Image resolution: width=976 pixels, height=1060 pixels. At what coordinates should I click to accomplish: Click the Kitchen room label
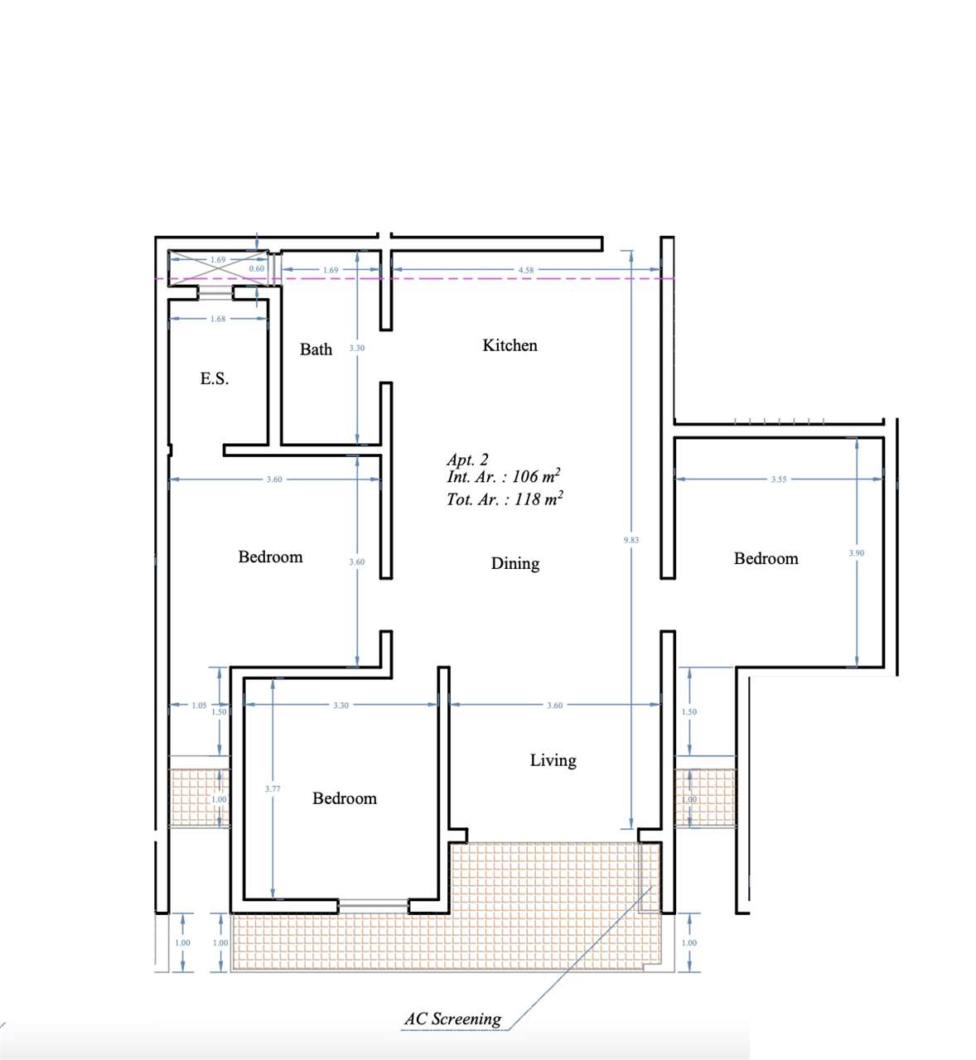(x=510, y=345)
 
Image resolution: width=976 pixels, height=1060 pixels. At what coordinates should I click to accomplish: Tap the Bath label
(x=316, y=349)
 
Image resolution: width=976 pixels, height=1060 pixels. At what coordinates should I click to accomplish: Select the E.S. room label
(x=214, y=378)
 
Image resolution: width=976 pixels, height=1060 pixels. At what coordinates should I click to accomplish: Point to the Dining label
(x=515, y=563)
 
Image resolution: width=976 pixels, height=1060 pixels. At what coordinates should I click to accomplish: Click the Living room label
(x=553, y=760)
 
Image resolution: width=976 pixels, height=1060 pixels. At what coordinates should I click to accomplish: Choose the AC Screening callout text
(x=452, y=1019)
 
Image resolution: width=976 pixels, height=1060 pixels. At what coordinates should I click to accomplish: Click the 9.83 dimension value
(x=631, y=540)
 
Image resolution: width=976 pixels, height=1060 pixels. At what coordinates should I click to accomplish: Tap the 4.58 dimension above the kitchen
(x=525, y=270)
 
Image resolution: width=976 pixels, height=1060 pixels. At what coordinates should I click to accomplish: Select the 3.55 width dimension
(x=778, y=479)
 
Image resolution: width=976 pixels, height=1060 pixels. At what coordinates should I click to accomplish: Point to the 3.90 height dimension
(x=857, y=553)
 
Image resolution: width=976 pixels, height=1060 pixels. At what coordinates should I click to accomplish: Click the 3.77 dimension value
(x=273, y=789)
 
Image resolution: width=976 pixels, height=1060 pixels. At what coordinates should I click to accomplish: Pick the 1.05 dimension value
(x=199, y=706)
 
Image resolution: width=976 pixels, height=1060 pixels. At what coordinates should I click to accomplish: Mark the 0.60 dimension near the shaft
(x=256, y=269)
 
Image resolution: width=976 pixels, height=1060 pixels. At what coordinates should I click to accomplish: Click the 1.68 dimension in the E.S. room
(x=217, y=319)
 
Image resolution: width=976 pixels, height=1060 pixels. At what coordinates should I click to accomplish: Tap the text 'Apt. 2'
(x=467, y=460)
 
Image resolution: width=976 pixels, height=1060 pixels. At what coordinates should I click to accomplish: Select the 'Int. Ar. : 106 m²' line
(x=504, y=477)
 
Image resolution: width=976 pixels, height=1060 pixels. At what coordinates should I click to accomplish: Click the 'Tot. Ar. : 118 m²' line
(x=505, y=499)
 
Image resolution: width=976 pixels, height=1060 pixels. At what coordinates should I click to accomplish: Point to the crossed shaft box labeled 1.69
(x=218, y=268)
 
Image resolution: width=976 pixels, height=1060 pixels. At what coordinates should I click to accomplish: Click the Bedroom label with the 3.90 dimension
(x=766, y=559)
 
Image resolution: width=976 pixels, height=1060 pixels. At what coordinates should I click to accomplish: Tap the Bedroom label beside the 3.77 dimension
(x=344, y=798)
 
